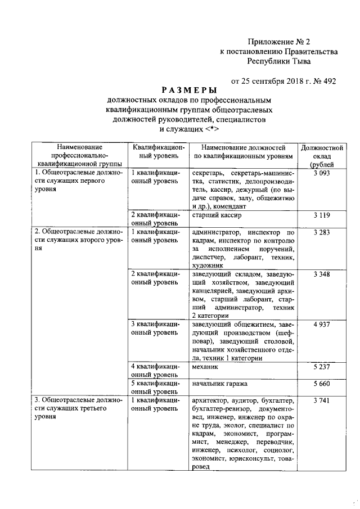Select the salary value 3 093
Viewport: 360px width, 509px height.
(322, 173)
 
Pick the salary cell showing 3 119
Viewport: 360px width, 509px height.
(322, 215)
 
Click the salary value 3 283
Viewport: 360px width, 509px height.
(322, 232)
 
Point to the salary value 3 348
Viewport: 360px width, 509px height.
(322, 274)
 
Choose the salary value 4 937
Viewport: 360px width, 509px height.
(322, 325)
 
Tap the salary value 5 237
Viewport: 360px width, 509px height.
(322, 367)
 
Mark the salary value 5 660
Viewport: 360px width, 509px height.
(322, 384)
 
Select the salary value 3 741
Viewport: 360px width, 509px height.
(322, 401)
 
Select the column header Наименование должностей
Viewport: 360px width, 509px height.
(243, 151)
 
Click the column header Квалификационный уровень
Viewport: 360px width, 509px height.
(157, 151)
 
